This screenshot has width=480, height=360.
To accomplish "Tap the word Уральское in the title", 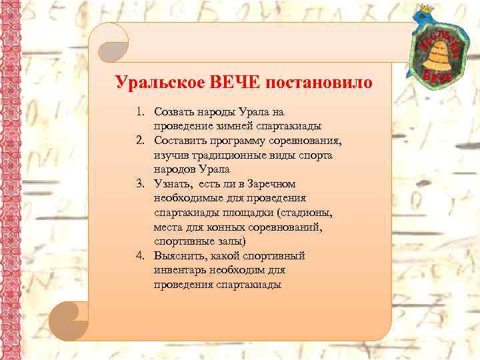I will (160, 84).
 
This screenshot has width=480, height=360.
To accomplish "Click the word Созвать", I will (175, 113).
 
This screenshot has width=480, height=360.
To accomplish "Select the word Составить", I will (181, 141).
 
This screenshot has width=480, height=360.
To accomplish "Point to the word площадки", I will (238, 213).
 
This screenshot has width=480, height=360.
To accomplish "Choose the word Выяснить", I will (178, 255).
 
